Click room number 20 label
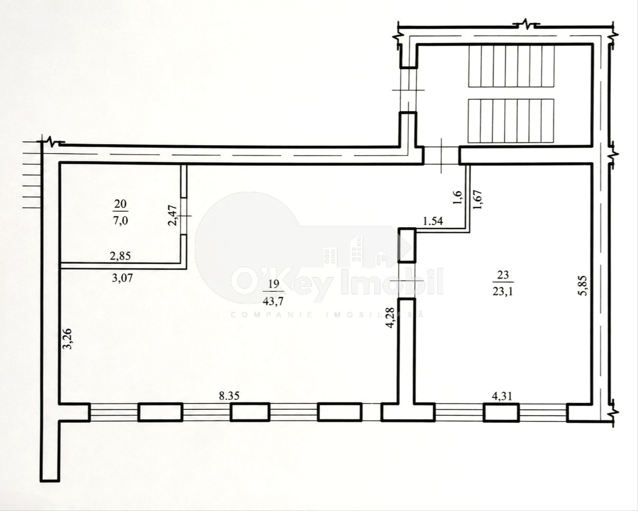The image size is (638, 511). pyautogui.click(x=121, y=204)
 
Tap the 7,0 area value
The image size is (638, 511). pyautogui.click(x=121, y=221)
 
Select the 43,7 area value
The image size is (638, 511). pyautogui.click(x=273, y=301)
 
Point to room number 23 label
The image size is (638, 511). pyautogui.click(x=503, y=275)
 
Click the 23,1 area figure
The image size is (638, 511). pyautogui.click(x=503, y=292)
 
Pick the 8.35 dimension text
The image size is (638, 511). pyautogui.click(x=229, y=396)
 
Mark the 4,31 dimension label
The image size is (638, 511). pyautogui.click(x=502, y=397)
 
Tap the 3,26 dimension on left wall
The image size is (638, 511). pyautogui.click(x=68, y=338)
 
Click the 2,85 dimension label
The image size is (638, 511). pyautogui.click(x=121, y=256)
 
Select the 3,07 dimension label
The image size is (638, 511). pyautogui.click(x=122, y=278)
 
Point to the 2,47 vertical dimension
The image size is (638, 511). pyautogui.click(x=172, y=216)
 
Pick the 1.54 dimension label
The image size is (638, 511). pyautogui.click(x=433, y=221)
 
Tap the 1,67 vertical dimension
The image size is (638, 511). pyautogui.click(x=478, y=199)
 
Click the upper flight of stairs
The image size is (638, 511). pyautogui.click(x=512, y=66)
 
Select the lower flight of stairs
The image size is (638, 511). pyautogui.click(x=511, y=121)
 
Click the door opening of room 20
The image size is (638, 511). pyautogui.click(x=184, y=216)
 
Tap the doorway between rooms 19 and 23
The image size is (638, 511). pyautogui.click(x=406, y=281)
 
